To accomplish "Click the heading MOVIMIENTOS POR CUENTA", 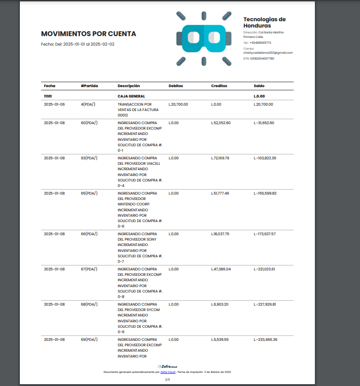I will coord(88,34).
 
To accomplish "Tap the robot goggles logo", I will coord(204,38).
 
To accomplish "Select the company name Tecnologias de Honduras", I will coord(264,23).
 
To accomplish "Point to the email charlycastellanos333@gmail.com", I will coord(268,53).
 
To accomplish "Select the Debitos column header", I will coord(175,86).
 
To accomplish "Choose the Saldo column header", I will coord(259,86).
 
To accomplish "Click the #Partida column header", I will coord(89,86).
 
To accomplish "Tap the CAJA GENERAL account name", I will coord(131,96).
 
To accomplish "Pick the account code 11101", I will coord(48,96).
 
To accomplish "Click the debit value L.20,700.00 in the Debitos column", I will coord(178,104).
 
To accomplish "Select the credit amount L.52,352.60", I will coord(221,123).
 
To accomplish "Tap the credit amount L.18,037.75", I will coord(220,234).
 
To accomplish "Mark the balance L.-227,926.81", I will coord(265,304).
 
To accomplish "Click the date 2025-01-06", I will coord(54,104).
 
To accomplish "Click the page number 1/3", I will coord(167,380).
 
